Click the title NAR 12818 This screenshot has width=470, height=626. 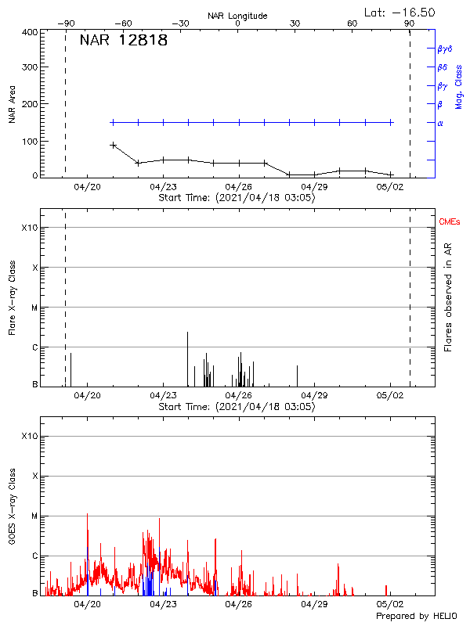click(123, 41)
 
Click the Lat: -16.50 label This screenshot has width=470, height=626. click(400, 12)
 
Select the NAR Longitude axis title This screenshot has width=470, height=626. click(237, 16)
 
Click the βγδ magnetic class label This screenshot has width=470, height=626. click(444, 49)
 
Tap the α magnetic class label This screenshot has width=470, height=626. click(439, 123)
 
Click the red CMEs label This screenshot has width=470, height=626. click(450, 223)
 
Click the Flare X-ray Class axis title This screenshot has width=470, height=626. click(12, 297)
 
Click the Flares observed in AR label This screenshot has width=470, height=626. click(448, 297)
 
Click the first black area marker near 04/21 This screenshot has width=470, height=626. click(113, 145)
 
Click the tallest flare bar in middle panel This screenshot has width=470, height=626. click(187, 358)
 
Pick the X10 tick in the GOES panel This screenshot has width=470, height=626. click(29, 436)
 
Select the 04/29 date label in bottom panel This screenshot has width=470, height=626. click(314, 605)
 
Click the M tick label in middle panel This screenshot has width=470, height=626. click(34, 308)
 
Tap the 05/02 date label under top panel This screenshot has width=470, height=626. click(390, 187)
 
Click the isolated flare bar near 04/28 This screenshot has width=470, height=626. click(297, 376)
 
